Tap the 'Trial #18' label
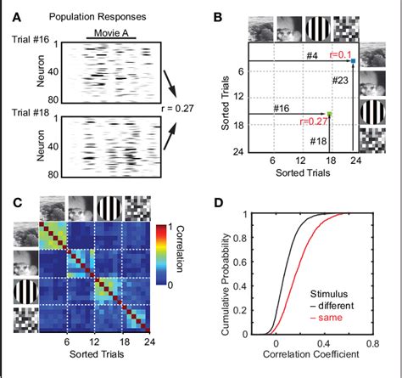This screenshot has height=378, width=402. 26,111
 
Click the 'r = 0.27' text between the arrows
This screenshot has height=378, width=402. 184,108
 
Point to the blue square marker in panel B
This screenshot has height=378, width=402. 350,61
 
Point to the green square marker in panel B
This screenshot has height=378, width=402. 330,114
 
